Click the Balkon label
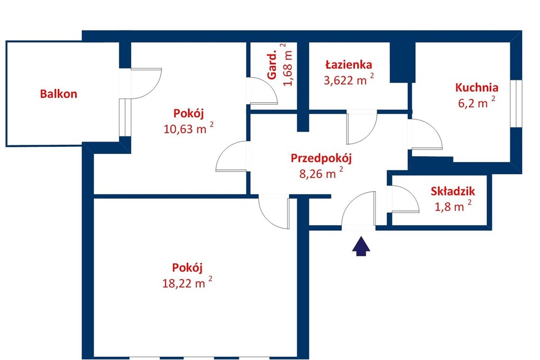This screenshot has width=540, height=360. pos(58,94)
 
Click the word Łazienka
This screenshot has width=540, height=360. pos(348,65)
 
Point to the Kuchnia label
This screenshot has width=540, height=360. pos(476,87)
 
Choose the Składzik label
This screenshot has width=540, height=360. pos(453,191)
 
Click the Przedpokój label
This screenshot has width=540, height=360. pos(321,158)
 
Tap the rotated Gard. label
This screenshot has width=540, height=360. pos(273,65)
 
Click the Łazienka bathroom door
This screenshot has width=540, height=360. pos(361,127)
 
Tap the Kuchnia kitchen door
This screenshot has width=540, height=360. pos(425,135)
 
